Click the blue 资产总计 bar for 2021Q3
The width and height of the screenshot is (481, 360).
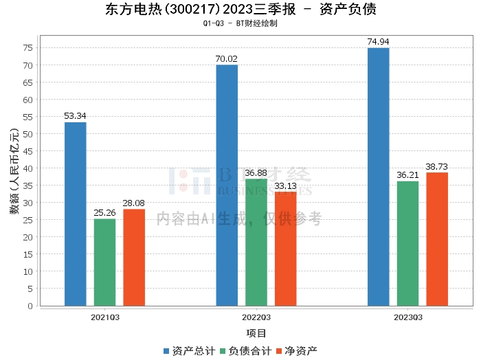point(76,214)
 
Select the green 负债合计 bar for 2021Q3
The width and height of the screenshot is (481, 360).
point(105,262)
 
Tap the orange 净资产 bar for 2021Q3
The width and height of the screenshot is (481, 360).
point(134,257)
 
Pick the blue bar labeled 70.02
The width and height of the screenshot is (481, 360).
point(227,185)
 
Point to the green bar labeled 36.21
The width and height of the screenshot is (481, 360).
point(407,243)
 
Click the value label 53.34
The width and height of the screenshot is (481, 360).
point(76,115)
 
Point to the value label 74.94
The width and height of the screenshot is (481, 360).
point(378,41)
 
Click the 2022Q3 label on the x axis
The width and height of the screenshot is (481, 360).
point(256,317)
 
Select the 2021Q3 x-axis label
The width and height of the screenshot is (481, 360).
point(105,317)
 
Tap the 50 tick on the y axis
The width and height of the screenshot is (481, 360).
point(27,134)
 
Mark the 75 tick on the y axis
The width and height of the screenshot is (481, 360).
point(27,48)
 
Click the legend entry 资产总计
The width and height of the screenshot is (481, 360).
point(189,350)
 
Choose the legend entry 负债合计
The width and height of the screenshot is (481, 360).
point(245,350)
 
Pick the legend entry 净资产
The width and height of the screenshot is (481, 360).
point(297,350)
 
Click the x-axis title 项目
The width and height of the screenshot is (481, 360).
point(256,333)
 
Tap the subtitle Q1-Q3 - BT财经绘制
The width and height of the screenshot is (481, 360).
point(240,23)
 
